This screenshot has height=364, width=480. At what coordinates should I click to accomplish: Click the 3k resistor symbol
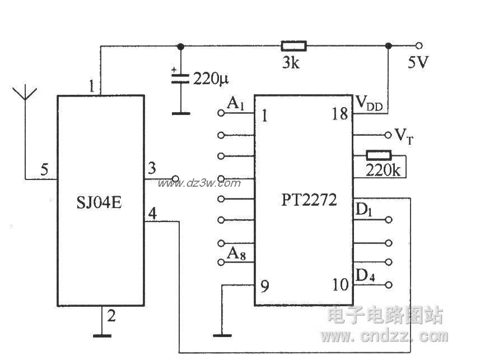tap(293, 45)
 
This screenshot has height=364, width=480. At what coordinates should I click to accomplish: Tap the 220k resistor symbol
tap(379, 155)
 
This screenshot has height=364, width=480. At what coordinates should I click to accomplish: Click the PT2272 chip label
tap(310, 200)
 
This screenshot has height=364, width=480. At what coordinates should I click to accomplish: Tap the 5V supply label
tap(418, 62)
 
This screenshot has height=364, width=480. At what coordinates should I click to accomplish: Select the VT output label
tap(404, 135)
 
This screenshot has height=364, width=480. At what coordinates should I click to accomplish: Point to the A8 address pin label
tap(235, 253)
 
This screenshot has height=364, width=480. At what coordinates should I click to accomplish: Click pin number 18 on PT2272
tap(339, 114)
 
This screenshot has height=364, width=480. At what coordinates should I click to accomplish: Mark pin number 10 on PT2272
tap(339, 285)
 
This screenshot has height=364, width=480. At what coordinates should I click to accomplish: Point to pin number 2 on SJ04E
tap(111, 316)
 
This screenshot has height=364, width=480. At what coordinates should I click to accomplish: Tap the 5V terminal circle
tap(418, 45)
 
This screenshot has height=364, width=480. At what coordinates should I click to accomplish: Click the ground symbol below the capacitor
tap(180, 113)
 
